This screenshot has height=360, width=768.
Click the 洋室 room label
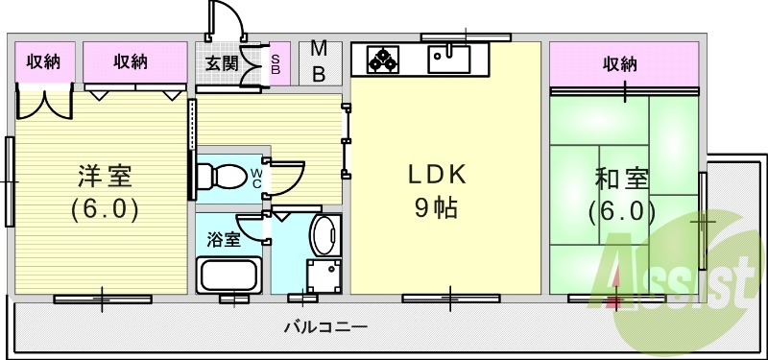[105, 178]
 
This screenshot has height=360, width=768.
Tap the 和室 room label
[622, 180]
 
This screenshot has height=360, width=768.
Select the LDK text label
[438, 176]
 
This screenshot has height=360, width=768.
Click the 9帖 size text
[436, 207]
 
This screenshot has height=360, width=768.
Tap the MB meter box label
[320, 62]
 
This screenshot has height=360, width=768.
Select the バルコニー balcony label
[325, 327]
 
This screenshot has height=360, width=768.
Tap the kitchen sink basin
[447, 60]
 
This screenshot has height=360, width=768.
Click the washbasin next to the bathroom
[324, 234]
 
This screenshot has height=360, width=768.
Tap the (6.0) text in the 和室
[622, 210]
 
